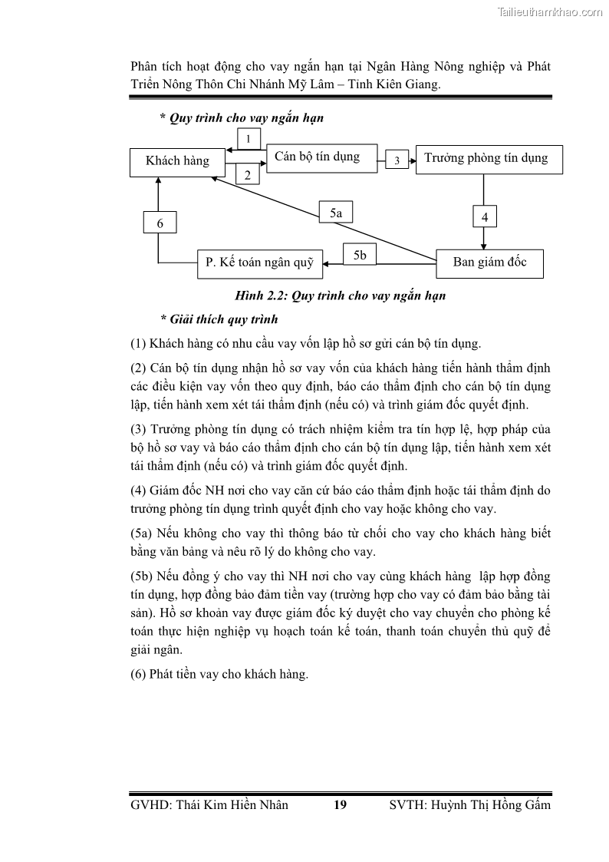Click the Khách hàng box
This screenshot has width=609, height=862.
(x=178, y=160)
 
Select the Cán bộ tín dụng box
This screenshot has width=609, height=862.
(x=321, y=157)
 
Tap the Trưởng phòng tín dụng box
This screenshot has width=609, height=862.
(x=489, y=159)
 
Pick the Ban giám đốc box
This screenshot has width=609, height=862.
(x=490, y=263)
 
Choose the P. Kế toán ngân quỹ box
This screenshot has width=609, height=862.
(x=260, y=263)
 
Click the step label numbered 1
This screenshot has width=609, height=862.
(x=249, y=139)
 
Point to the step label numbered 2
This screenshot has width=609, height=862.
(x=248, y=175)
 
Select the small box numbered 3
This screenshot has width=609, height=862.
(x=397, y=160)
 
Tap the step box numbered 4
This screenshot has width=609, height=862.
(x=485, y=217)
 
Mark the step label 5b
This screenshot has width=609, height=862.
(x=360, y=255)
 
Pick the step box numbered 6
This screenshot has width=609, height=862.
(x=160, y=223)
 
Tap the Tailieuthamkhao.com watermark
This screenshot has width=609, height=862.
(x=550, y=12)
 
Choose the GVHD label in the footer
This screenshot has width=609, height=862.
(x=152, y=805)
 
